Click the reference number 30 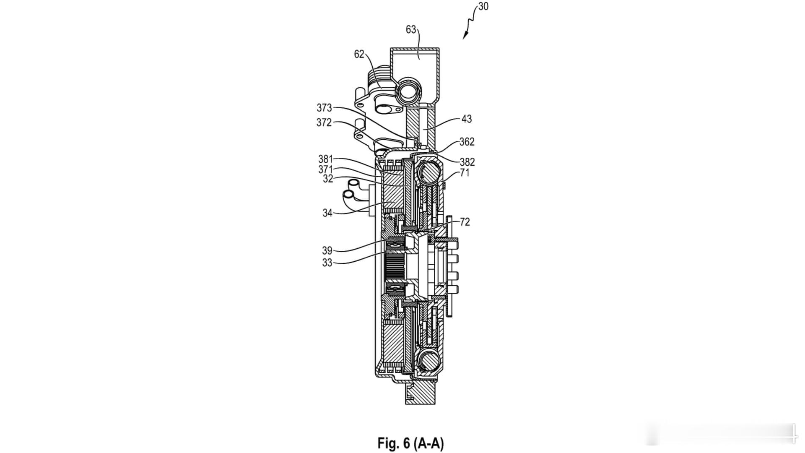click(483, 7)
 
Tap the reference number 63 click(411, 29)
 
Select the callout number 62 click(359, 54)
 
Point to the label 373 click(324, 108)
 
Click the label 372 click(324, 122)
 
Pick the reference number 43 click(467, 119)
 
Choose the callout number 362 click(467, 142)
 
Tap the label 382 click(467, 162)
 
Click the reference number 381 click(325, 159)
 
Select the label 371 click(325, 169)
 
